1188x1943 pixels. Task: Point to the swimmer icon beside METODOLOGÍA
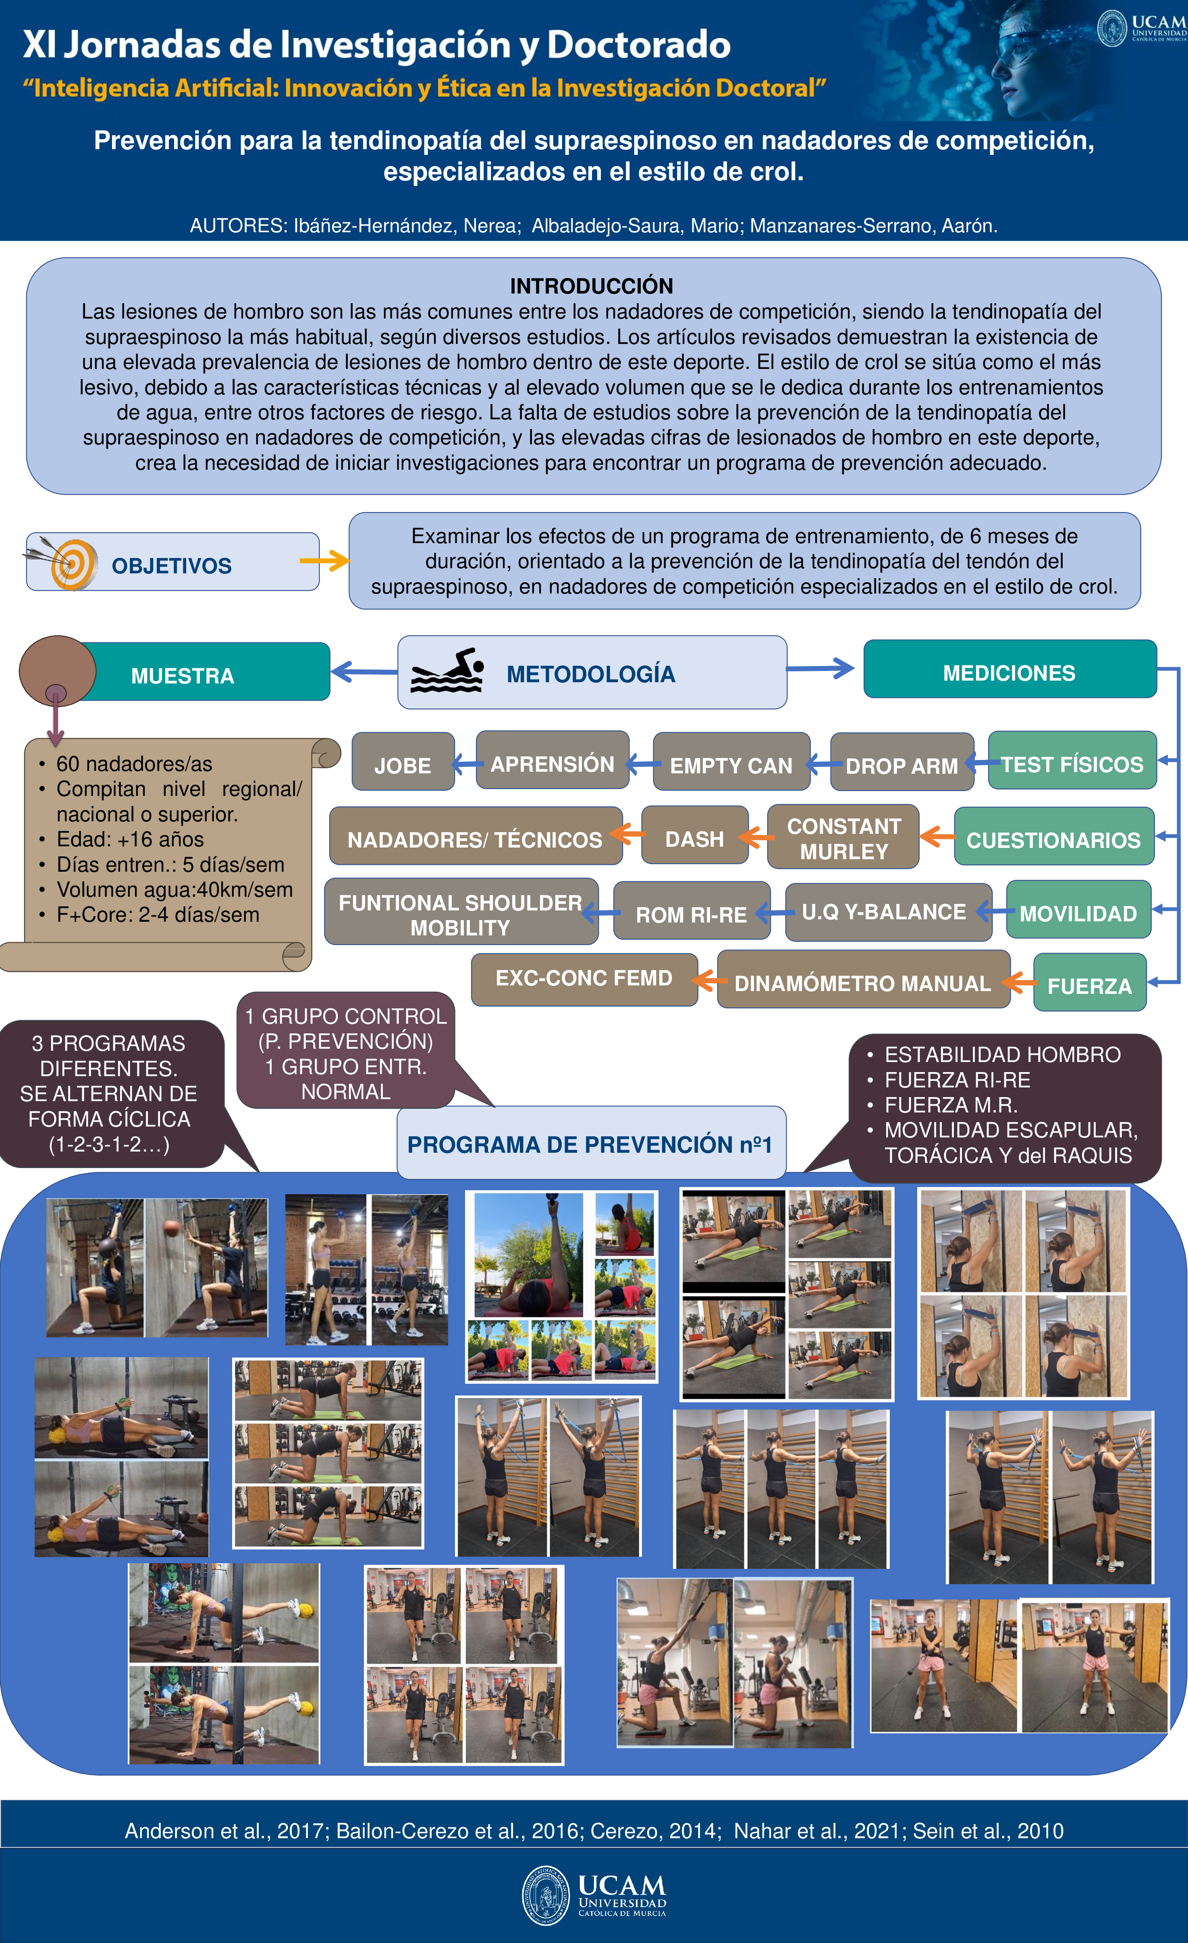tap(447, 672)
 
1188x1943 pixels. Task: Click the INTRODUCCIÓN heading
tap(591, 285)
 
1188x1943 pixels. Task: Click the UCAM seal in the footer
tap(546, 1894)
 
